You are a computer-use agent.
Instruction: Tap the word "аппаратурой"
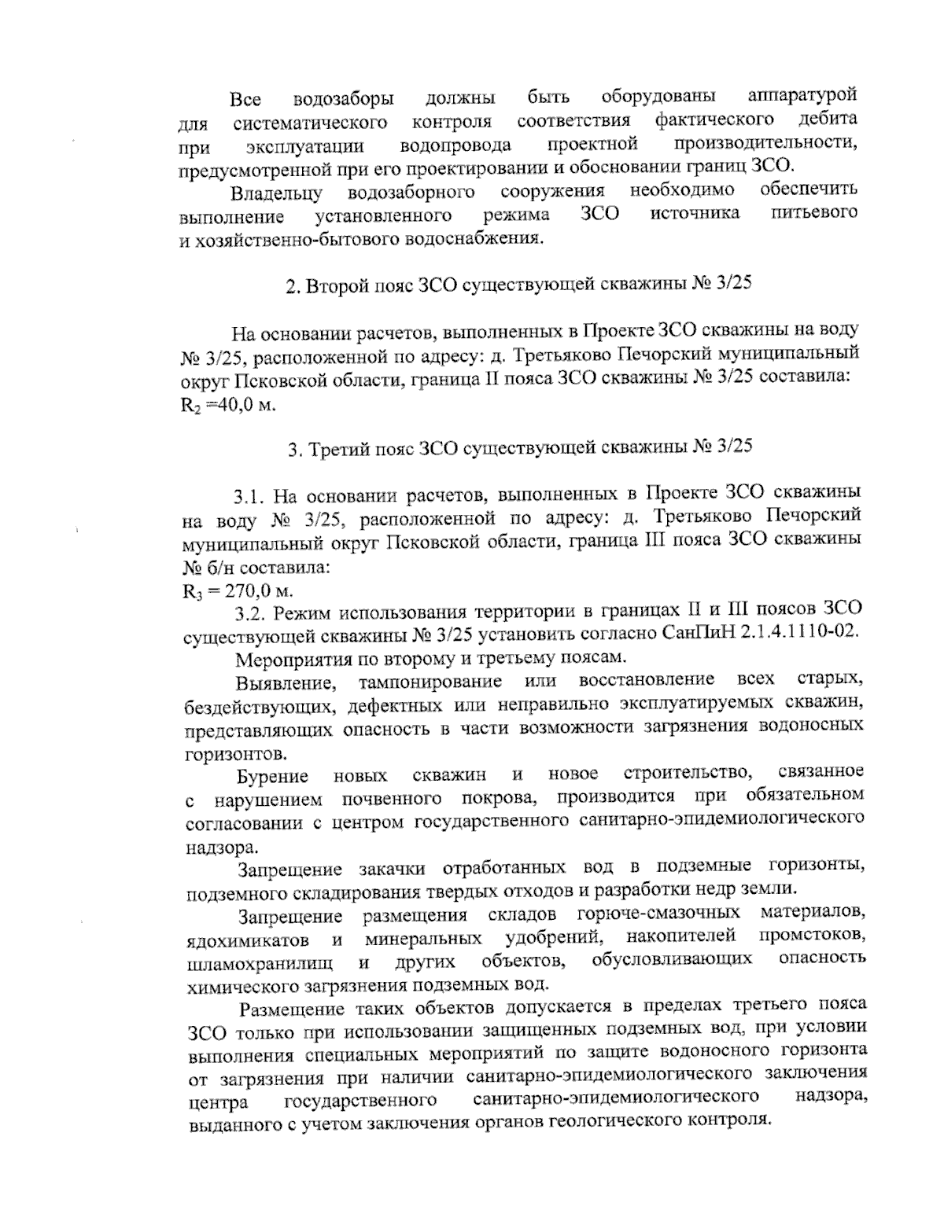coord(802,96)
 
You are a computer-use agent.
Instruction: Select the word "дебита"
coord(828,120)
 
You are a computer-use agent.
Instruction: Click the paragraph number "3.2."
coord(251,612)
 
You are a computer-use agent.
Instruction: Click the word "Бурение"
coord(273,777)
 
